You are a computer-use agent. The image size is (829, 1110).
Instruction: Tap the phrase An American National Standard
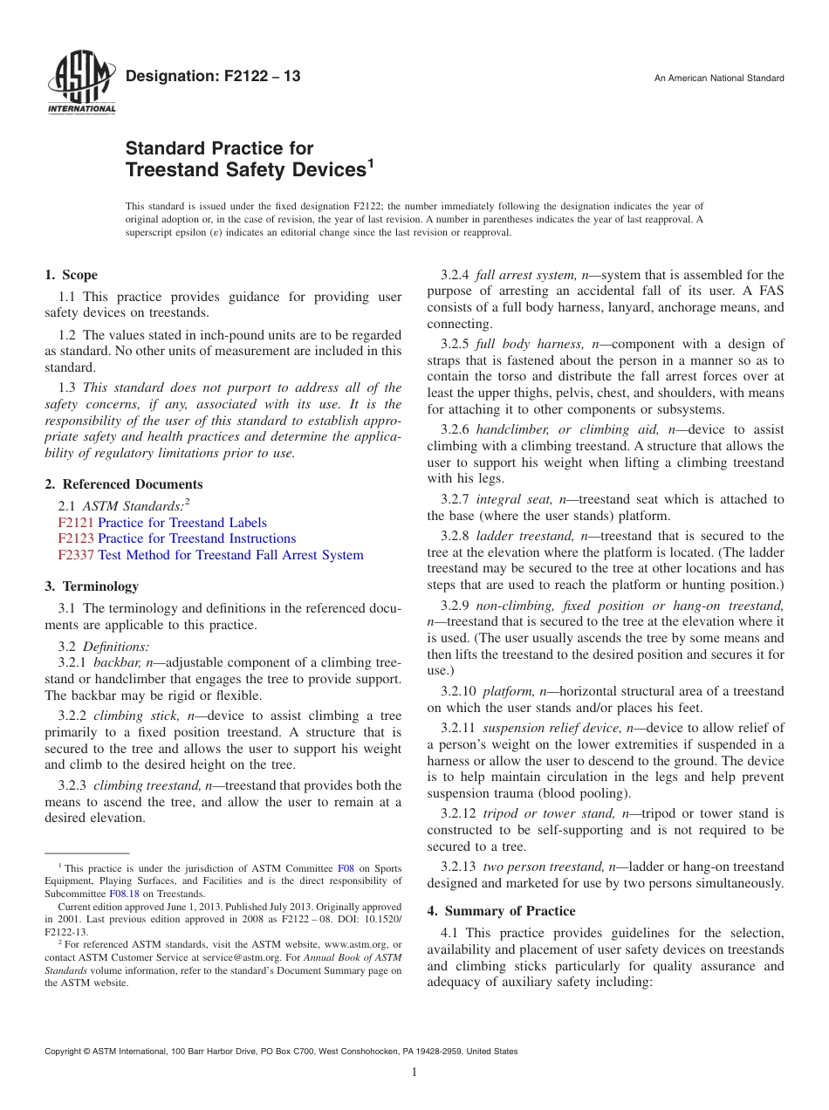(719, 79)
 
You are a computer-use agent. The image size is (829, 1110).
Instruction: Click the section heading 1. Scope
(72, 275)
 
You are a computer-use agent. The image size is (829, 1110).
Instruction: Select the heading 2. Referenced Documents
(124, 484)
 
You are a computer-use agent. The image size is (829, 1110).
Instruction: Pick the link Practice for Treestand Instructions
(196, 538)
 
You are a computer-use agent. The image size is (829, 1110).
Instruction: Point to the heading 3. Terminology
(92, 586)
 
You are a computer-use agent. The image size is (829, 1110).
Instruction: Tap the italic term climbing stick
(136, 716)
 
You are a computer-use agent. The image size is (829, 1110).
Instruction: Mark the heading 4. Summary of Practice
(501, 911)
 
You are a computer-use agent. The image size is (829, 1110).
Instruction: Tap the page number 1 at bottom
(414, 1072)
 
